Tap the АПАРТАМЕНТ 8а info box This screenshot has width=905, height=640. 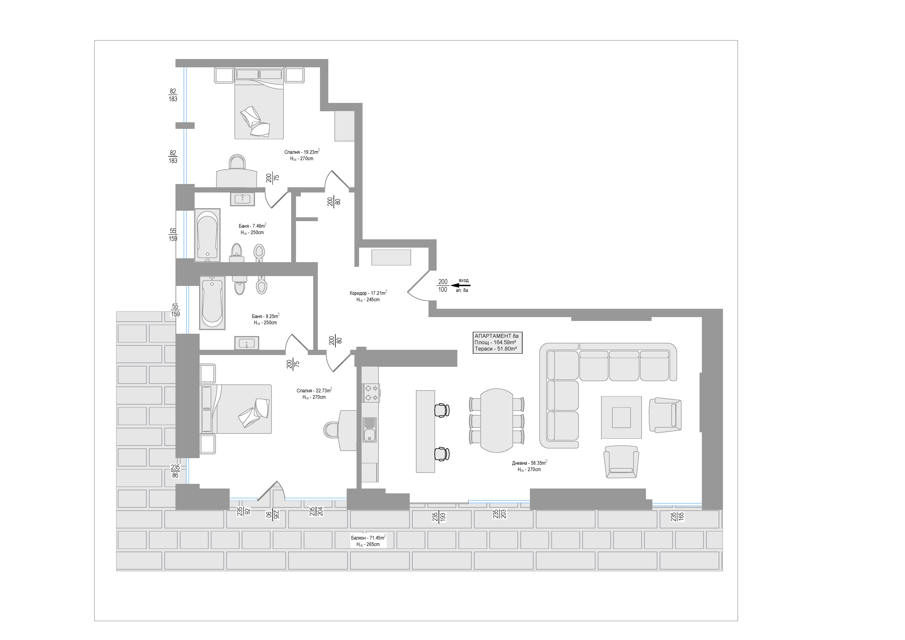pos(497,342)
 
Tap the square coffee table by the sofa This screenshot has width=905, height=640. pos(621,417)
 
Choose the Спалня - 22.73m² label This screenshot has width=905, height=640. pos(314,391)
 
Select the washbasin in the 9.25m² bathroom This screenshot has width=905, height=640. pos(247,343)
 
